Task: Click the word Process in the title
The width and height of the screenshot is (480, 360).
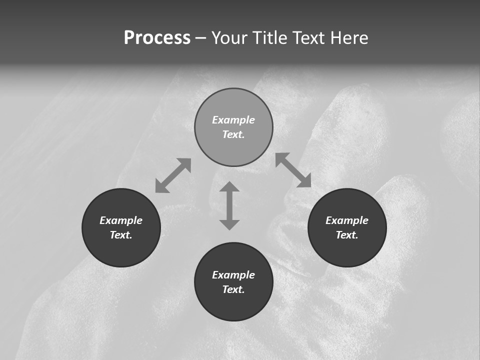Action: (x=157, y=38)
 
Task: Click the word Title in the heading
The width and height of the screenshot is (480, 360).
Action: (x=269, y=38)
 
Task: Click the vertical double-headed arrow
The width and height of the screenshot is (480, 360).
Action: (x=229, y=205)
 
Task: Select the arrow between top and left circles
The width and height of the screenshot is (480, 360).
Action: (x=173, y=175)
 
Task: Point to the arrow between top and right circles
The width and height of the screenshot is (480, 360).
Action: (x=293, y=170)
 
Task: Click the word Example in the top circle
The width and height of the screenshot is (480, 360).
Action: (x=233, y=120)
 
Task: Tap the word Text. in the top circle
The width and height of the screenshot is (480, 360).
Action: (x=233, y=134)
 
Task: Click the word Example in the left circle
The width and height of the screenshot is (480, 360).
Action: (x=121, y=220)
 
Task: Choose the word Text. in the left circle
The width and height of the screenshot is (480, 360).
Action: (x=121, y=235)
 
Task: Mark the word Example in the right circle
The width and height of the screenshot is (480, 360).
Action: (x=347, y=220)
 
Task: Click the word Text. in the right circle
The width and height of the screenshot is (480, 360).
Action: (x=347, y=235)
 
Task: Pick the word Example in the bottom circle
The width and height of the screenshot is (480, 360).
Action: (x=233, y=275)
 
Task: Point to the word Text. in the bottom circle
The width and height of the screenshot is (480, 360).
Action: (x=233, y=289)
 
